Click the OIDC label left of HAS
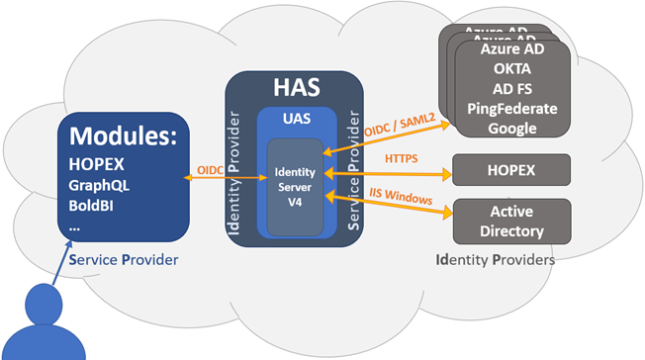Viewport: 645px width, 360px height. tap(211, 169)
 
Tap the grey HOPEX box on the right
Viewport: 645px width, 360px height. tap(511, 169)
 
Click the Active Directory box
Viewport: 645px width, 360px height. tap(511, 222)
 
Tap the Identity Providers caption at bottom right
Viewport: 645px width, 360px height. tap(495, 260)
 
